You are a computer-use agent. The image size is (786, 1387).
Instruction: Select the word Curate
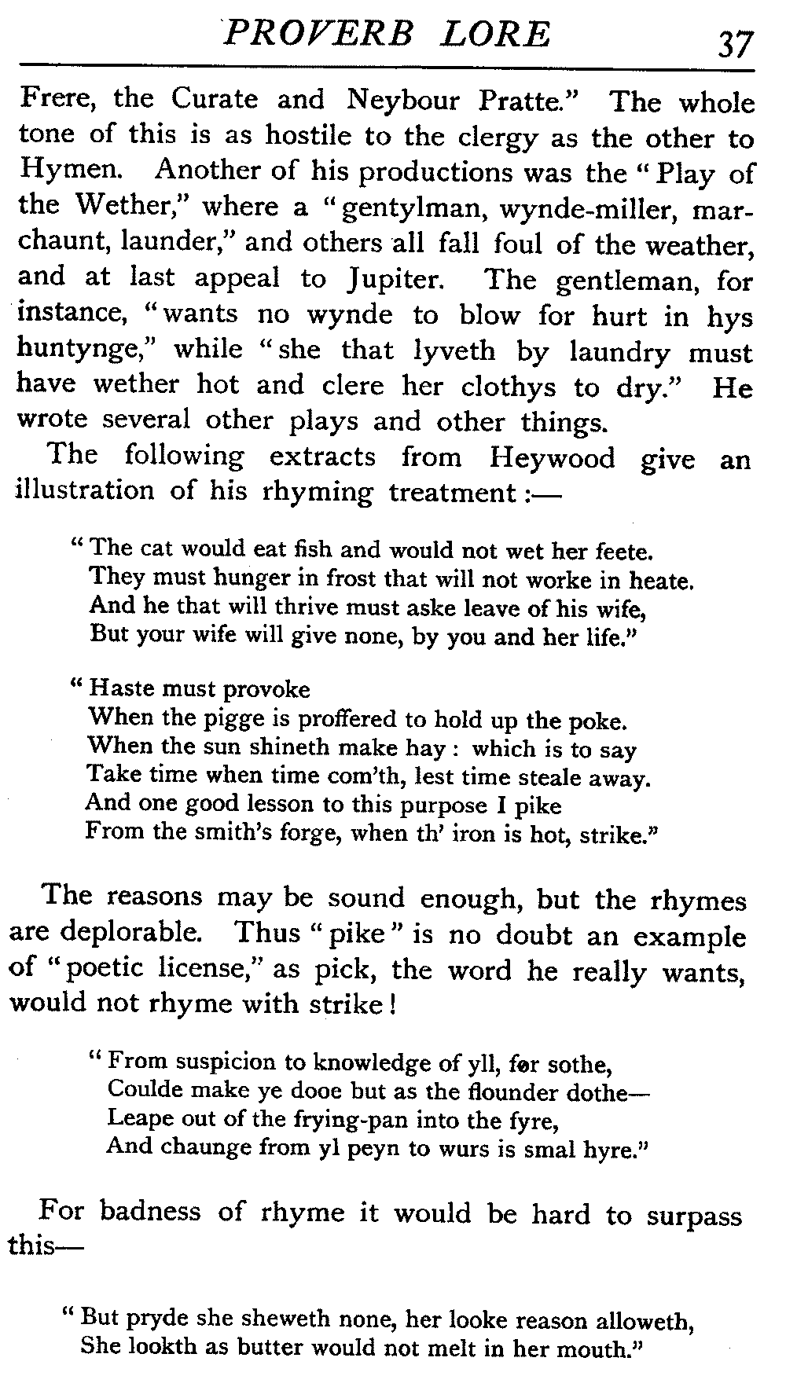(214, 100)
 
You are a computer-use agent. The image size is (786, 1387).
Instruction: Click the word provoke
(266, 690)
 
